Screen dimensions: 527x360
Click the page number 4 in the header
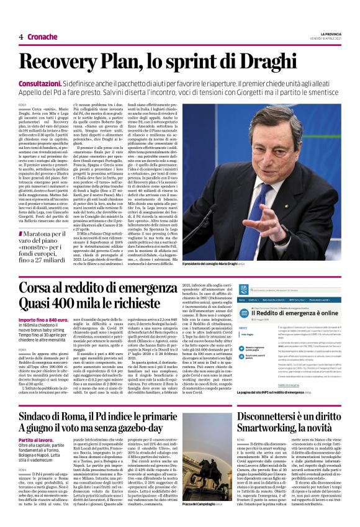pos(20,37)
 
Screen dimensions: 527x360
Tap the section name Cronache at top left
pos(42,37)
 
